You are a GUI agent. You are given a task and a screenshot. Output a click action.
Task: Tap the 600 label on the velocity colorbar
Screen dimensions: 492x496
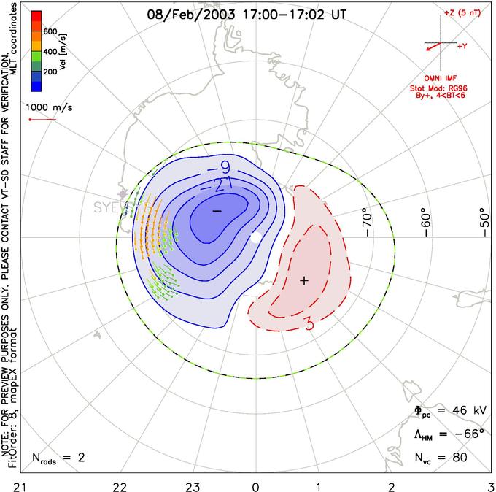click(x=51, y=31)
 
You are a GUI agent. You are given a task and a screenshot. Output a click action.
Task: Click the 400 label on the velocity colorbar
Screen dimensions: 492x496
click(x=51, y=53)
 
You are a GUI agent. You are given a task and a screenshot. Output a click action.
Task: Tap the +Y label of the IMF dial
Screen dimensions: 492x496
click(x=462, y=46)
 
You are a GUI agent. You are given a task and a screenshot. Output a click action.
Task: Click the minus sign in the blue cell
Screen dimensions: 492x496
click(x=217, y=210)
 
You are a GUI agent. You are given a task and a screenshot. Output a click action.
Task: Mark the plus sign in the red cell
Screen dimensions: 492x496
click(x=305, y=280)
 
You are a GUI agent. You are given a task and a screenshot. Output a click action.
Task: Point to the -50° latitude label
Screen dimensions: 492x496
click(x=482, y=218)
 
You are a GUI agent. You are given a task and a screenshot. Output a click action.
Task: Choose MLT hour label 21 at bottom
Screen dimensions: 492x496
click(x=5, y=484)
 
